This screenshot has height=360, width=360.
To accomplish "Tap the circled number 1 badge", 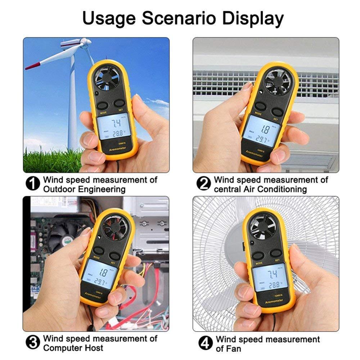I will point(33,184).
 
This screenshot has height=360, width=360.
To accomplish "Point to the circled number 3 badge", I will point(33,343).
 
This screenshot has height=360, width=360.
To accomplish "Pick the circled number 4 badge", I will point(205,343).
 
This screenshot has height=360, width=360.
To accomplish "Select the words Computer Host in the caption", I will point(73,348).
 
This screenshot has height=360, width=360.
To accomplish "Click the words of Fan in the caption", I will point(229,348).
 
